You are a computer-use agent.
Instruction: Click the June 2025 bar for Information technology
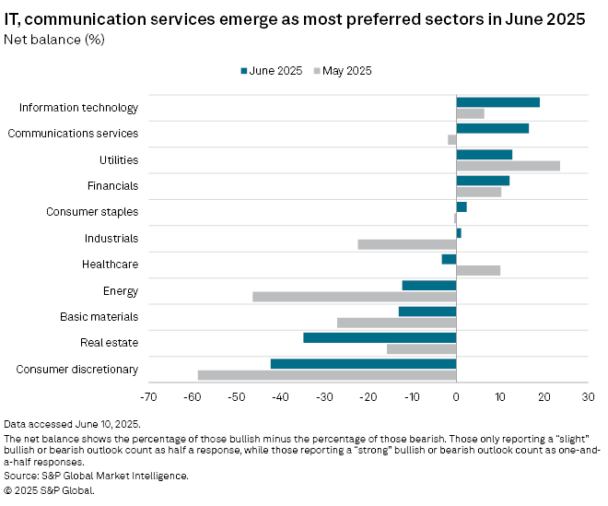coord(497,102)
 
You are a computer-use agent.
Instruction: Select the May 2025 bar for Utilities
coord(508,166)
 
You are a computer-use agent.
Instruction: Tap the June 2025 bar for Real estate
coord(380,337)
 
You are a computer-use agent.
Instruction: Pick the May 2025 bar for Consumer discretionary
coord(327,375)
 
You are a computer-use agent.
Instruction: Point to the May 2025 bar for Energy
coord(355,297)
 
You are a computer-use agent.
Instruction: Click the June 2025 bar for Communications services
coord(492,128)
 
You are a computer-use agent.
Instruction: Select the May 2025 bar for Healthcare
coord(478,271)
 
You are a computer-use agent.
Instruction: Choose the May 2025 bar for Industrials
coord(407,244)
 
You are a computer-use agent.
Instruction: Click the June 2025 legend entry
coord(272,71)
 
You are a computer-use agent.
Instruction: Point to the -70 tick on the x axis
coord(147,396)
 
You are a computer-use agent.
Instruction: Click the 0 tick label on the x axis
coord(456,396)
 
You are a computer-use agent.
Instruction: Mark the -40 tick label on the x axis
coord(279,396)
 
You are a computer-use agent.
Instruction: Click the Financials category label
coord(112,186)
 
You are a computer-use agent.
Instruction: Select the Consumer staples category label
coord(92,212)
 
